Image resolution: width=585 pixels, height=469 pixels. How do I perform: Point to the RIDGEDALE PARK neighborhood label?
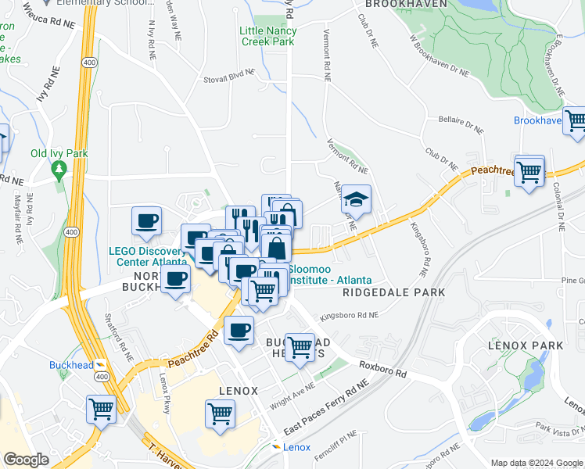[x=393, y=292]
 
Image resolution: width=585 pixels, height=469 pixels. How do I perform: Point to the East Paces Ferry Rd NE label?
[x=326, y=410]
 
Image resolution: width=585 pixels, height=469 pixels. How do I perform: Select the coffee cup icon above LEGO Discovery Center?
[x=146, y=221]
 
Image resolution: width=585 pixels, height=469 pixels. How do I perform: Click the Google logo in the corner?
[x=25, y=460]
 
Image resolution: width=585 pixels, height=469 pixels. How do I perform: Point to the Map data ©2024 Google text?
[x=536, y=463]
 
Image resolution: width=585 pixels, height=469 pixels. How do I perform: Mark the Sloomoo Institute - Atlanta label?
[x=329, y=274]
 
